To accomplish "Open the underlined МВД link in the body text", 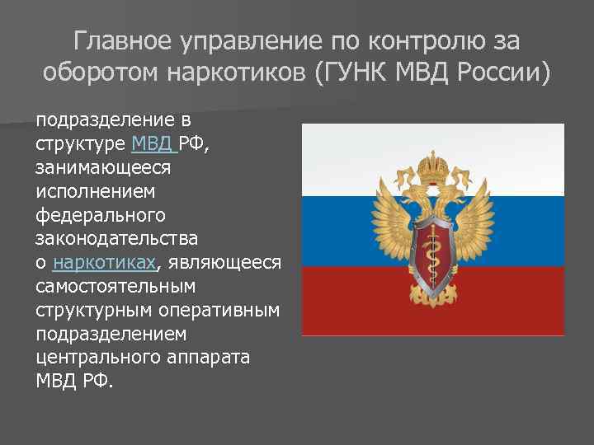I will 153,144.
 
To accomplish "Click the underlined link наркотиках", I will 103,263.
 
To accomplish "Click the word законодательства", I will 117,239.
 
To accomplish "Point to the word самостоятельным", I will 115,288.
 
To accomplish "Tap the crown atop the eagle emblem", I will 431,170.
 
